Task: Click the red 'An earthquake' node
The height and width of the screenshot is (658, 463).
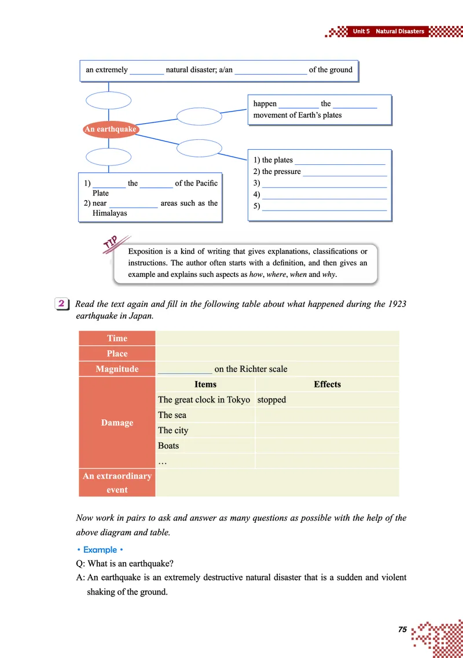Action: pyautogui.click(x=111, y=129)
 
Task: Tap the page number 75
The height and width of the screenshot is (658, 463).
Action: pyautogui.click(x=403, y=629)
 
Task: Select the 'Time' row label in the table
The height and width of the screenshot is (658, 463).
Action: pyautogui.click(x=117, y=338)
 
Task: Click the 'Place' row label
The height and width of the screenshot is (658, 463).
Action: pyautogui.click(x=117, y=353)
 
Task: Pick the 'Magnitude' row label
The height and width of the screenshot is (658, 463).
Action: pyautogui.click(x=117, y=369)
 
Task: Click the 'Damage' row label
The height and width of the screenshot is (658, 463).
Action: pyautogui.click(x=117, y=423)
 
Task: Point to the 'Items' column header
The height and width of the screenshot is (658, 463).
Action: pyautogui.click(x=205, y=384)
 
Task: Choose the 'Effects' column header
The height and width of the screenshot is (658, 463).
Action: pyautogui.click(x=327, y=384)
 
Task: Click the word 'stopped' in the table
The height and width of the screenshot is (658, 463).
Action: pyautogui.click(x=271, y=400)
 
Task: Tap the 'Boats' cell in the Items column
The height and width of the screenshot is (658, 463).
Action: pyautogui.click(x=168, y=446)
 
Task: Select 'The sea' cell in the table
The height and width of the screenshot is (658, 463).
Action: pyautogui.click(x=172, y=415)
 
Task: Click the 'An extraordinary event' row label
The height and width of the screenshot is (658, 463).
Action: pyautogui.click(x=117, y=483)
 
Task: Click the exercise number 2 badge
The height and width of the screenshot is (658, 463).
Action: pyautogui.click(x=61, y=304)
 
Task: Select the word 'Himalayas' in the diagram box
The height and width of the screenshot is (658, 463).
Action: pyautogui.click(x=109, y=213)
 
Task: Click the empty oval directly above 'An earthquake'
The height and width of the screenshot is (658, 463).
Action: pyautogui.click(x=109, y=101)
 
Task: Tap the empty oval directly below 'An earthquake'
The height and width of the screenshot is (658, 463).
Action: pyautogui.click(x=109, y=156)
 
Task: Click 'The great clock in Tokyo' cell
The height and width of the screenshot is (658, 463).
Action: pyautogui.click(x=204, y=400)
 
